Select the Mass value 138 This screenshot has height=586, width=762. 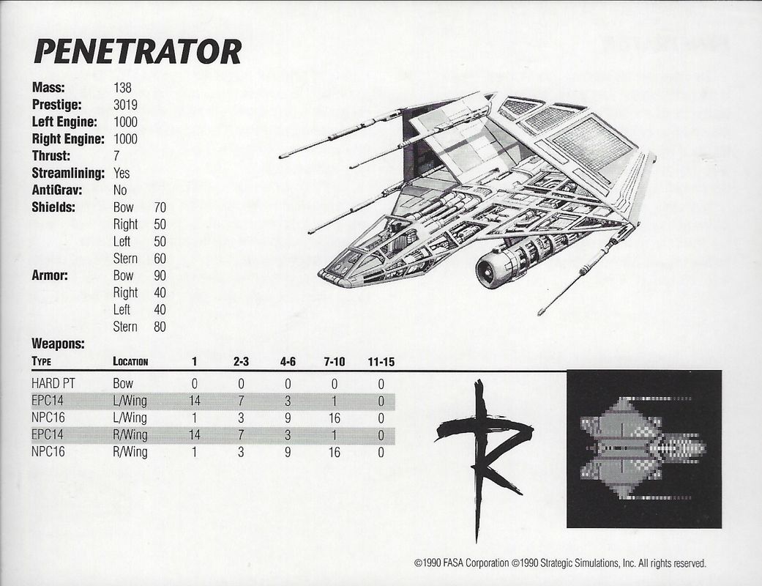coord(123,88)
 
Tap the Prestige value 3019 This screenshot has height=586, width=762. coord(125,105)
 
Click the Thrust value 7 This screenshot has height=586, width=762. coord(117,156)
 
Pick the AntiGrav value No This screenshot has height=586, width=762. coord(121,190)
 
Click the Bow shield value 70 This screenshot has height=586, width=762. coord(160,207)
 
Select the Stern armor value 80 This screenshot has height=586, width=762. coord(160,326)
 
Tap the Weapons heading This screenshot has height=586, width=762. coord(59,343)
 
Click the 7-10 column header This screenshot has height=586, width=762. coord(333,361)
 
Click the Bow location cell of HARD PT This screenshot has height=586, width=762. coord(123,383)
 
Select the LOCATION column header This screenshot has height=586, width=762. coord(131,361)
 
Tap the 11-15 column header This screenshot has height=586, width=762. coord(381,361)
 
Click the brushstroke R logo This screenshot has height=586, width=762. coord(483,454)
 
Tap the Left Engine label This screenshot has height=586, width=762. coord(64,122)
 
